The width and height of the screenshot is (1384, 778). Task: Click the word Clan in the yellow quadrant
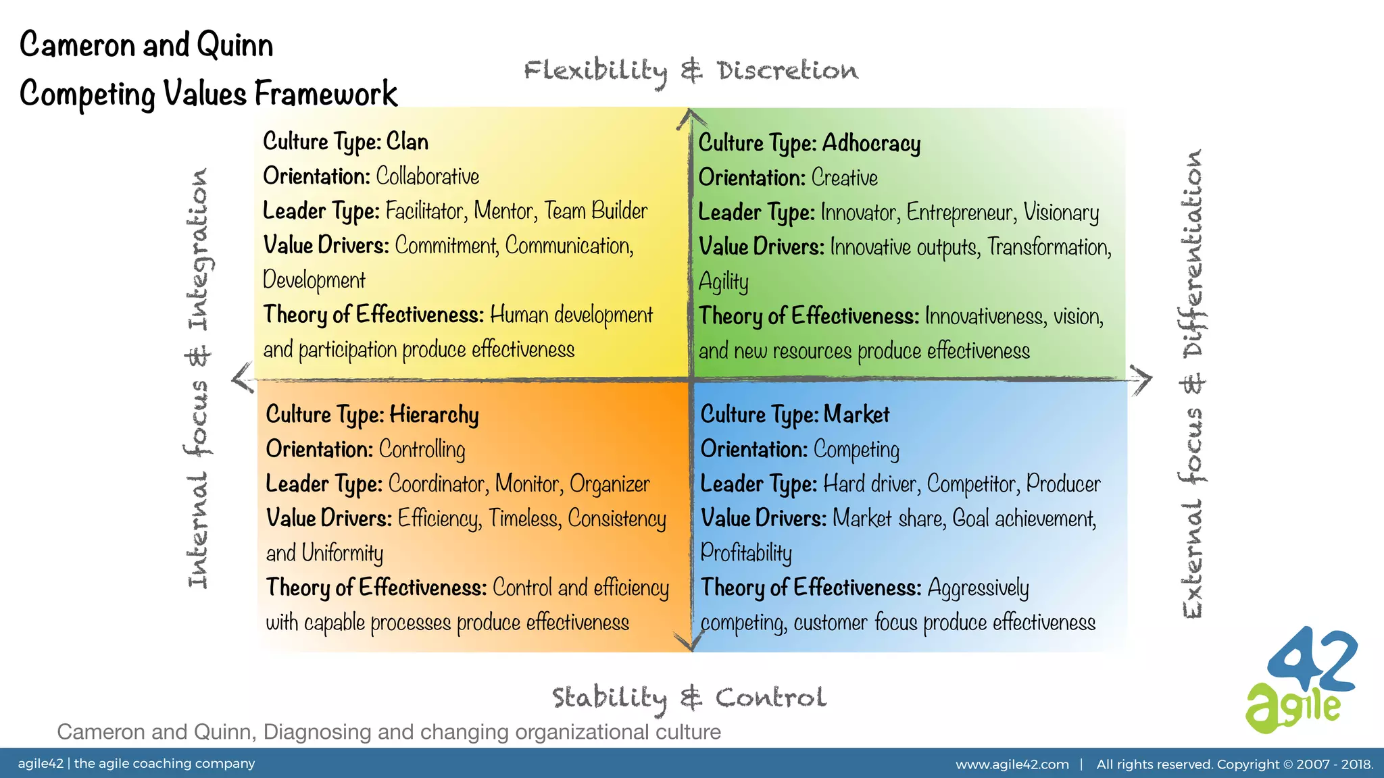(x=407, y=142)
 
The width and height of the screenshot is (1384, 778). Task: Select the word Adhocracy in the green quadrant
(x=871, y=144)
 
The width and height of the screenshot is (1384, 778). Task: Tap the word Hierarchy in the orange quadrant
(x=434, y=415)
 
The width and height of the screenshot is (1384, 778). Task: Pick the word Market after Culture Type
(x=856, y=414)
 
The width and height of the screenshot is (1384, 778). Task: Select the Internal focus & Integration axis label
(x=198, y=378)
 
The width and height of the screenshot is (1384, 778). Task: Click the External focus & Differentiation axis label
(x=1193, y=384)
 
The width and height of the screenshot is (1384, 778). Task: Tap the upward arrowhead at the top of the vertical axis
(x=690, y=118)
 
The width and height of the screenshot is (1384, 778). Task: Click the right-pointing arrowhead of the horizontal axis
(x=1142, y=380)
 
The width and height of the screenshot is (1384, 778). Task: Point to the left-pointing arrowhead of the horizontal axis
(x=241, y=378)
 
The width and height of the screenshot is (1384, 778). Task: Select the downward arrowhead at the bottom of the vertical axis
(x=691, y=642)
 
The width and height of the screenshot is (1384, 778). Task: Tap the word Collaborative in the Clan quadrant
(x=427, y=177)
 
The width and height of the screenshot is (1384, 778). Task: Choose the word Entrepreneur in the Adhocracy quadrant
(x=960, y=213)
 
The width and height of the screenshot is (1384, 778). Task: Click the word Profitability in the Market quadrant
(x=746, y=553)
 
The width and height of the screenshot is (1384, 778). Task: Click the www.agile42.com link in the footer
(x=1012, y=764)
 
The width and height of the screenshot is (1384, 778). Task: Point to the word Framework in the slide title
(x=326, y=93)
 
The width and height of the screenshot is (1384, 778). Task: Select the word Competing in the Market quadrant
(x=856, y=450)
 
